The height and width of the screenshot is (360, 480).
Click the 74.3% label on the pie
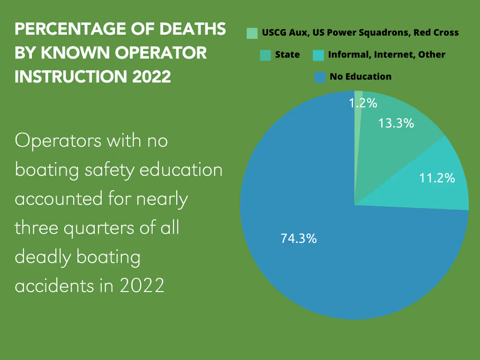299,238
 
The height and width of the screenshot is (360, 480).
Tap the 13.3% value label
396,123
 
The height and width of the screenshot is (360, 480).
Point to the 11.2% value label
437,178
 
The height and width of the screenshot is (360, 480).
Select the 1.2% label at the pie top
363,103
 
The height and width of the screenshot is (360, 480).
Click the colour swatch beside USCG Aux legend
252,33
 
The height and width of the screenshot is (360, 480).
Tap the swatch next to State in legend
265,55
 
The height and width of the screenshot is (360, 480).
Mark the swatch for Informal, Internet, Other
318,55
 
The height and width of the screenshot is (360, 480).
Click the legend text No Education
360,77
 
